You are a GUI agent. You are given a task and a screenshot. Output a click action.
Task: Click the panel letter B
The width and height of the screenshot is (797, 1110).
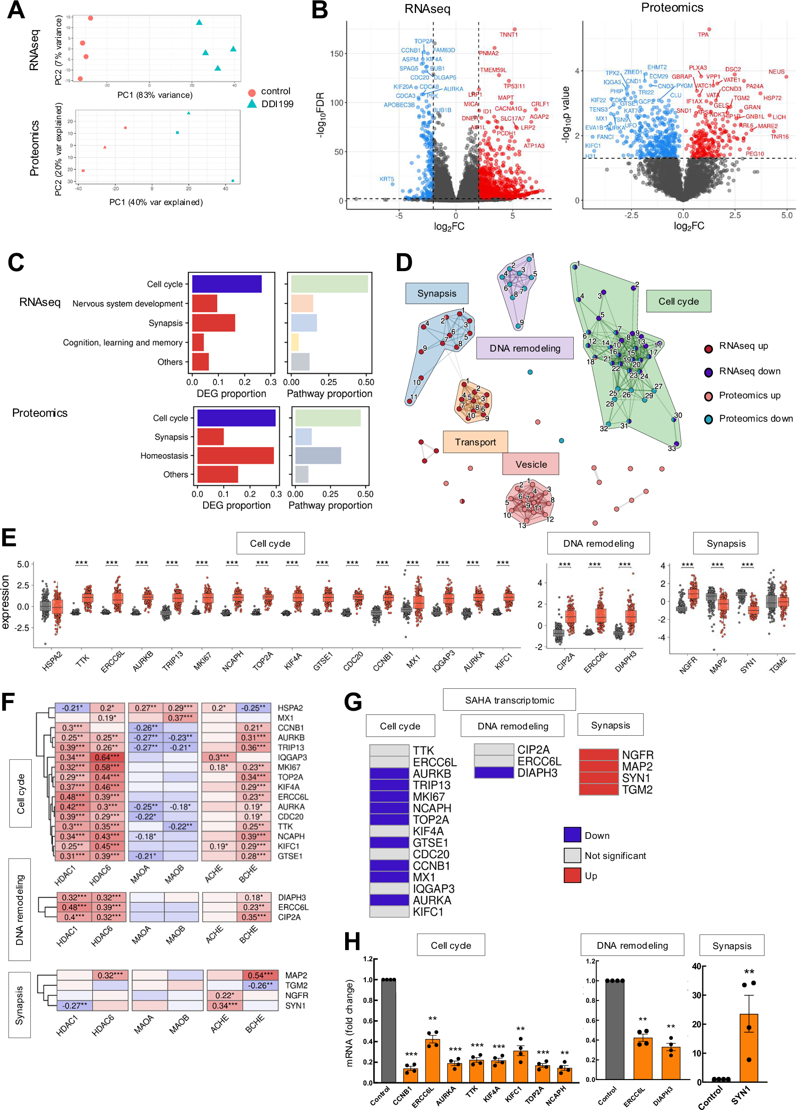pos(320,11)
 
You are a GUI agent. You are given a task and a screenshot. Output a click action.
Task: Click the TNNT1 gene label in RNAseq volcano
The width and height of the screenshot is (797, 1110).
pos(508,35)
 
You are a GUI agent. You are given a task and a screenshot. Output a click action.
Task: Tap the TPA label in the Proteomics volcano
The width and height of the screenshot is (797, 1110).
pos(703,35)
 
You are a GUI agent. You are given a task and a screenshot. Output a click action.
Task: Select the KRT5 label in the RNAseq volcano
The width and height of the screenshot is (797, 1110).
pos(386,179)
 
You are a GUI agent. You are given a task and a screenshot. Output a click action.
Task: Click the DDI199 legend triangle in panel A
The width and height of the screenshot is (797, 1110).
pos(252,104)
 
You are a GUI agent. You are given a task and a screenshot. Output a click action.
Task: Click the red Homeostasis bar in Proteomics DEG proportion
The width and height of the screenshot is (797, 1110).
pos(235,456)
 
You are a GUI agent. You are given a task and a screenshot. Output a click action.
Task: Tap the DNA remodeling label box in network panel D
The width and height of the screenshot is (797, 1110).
pos(525,348)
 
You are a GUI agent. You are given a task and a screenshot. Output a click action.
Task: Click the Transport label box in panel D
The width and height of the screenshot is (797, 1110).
pos(475,442)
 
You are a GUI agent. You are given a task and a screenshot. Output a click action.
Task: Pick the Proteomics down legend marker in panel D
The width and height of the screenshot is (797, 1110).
pos(708,419)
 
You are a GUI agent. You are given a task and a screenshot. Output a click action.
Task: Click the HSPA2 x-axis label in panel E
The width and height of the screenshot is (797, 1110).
pos(52,662)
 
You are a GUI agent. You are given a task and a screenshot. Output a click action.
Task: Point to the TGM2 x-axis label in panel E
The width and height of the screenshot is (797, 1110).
pos(777,665)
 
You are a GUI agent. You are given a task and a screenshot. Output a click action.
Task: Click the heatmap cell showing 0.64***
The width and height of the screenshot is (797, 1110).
pos(108,758)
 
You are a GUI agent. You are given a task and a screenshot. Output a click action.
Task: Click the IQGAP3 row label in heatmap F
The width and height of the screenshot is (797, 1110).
pos(292,758)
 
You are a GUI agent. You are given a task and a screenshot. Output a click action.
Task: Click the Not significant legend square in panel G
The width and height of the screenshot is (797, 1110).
pos(572,855)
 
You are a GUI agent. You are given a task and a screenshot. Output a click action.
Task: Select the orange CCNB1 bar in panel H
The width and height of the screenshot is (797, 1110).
pos(410,1075)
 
